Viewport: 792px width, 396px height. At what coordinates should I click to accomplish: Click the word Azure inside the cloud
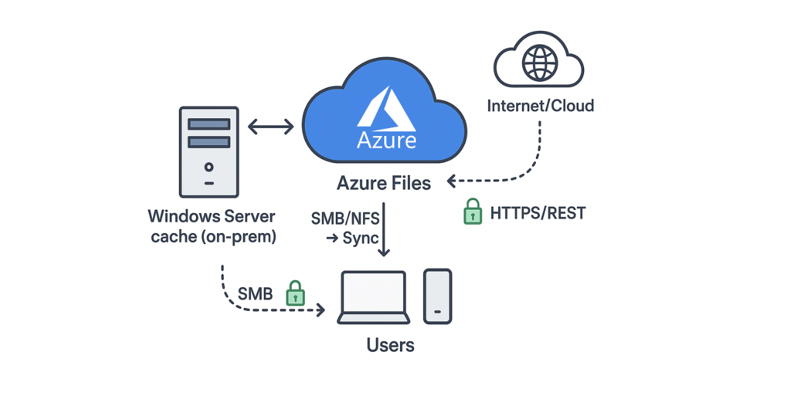click(x=387, y=141)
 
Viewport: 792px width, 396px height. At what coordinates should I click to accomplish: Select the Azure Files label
click(x=383, y=183)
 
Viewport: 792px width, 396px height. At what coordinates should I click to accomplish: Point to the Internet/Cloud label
click(x=540, y=106)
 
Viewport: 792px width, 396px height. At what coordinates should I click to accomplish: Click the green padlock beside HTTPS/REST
click(x=472, y=212)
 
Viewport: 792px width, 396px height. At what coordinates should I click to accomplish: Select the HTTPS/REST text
click(x=537, y=213)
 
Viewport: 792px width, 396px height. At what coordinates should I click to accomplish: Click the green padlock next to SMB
click(x=294, y=293)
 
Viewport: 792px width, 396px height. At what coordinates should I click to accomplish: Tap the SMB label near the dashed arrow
click(x=255, y=294)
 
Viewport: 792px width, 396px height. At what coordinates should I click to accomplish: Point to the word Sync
click(x=360, y=238)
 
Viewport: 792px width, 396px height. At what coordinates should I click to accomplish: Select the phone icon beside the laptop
click(x=438, y=296)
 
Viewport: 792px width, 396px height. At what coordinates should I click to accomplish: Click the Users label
click(x=391, y=345)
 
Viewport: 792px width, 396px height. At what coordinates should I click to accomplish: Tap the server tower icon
click(x=209, y=152)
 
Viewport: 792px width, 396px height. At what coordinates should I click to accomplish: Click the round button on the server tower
click(x=209, y=167)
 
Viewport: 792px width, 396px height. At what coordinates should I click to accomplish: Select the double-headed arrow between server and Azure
click(x=271, y=127)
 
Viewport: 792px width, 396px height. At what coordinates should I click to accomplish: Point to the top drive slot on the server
click(x=209, y=123)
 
